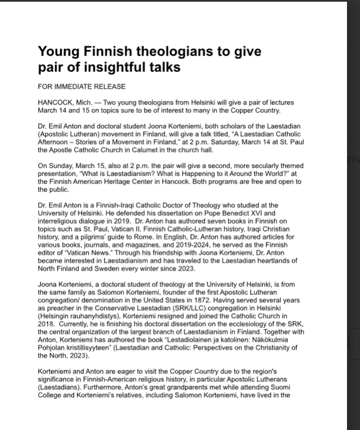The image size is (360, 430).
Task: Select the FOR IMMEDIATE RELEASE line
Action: pyautogui.click(x=81, y=87)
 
